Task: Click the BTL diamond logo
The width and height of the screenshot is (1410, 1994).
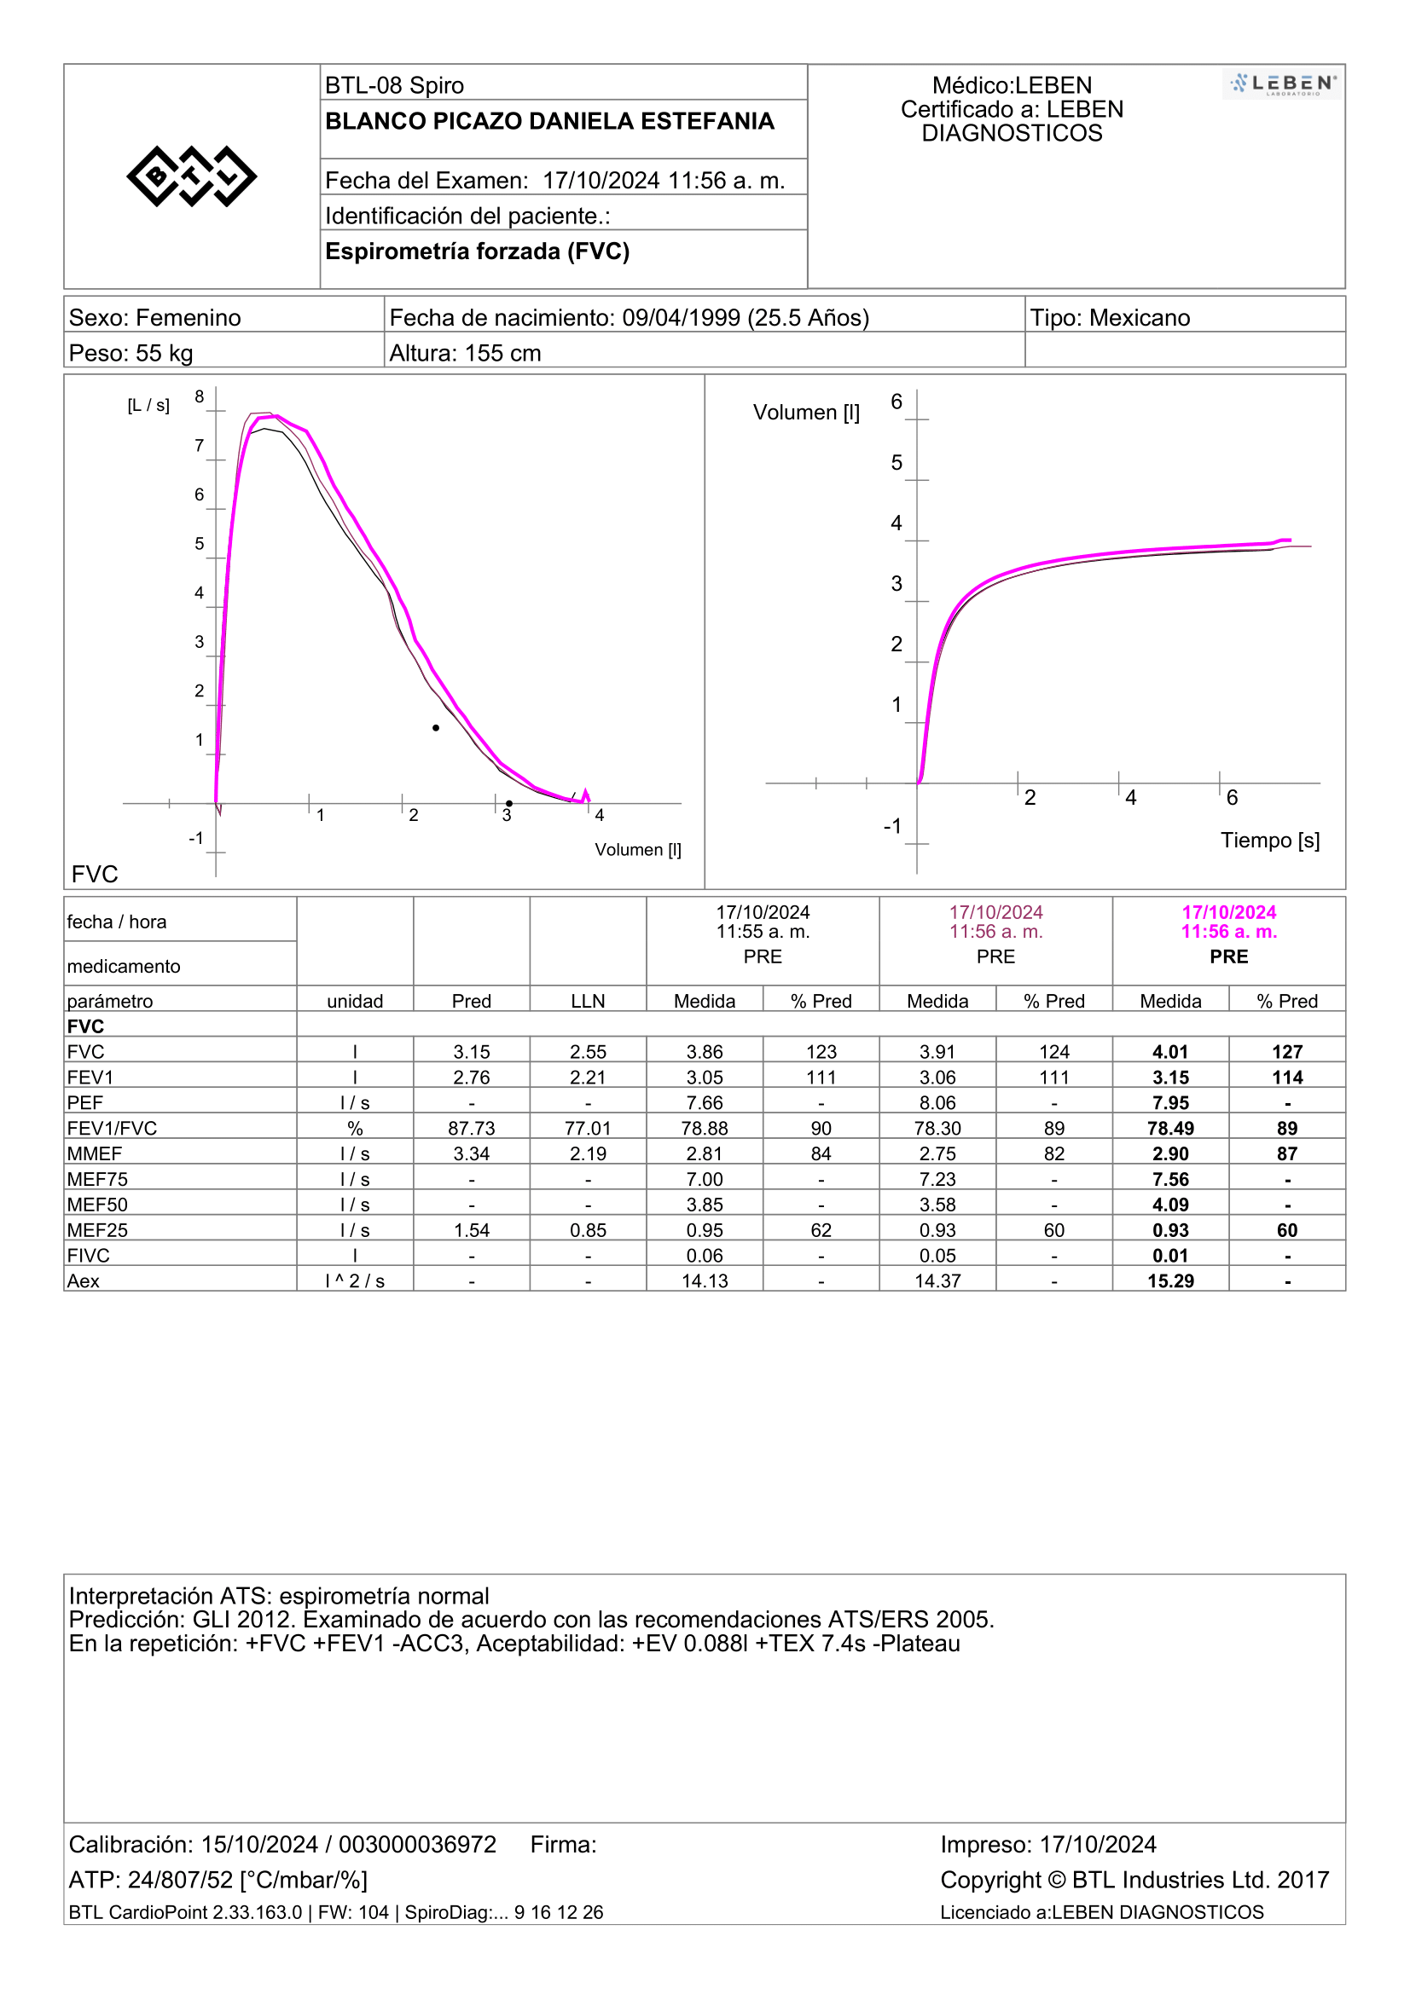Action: click(191, 176)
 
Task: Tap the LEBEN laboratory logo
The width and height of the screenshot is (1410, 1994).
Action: click(1281, 84)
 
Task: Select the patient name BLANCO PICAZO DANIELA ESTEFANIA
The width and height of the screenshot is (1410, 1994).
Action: click(549, 122)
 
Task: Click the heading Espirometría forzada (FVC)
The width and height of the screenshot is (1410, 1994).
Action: click(477, 251)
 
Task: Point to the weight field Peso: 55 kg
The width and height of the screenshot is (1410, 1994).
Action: click(131, 354)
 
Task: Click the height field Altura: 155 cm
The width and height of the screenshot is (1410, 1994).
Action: click(465, 354)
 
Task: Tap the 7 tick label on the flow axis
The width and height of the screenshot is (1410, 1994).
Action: click(199, 446)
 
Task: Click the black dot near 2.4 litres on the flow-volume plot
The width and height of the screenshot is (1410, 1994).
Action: click(436, 728)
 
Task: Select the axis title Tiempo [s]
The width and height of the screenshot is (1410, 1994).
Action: click(1270, 841)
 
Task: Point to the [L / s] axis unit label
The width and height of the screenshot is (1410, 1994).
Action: click(148, 406)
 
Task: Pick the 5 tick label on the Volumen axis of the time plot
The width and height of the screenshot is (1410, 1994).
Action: click(896, 463)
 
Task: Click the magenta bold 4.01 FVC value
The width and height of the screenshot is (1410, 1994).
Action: click(1170, 1052)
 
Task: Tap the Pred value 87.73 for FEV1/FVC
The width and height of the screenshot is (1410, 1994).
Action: click(472, 1128)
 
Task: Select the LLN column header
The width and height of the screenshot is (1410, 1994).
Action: click(589, 1002)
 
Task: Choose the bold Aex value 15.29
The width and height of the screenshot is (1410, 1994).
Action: click(1170, 1281)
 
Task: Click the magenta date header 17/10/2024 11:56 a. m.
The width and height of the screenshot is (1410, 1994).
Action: click(1229, 922)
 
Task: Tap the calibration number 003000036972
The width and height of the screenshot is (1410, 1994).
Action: click(417, 1845)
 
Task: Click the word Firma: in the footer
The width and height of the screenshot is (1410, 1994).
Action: click(564, 1845)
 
